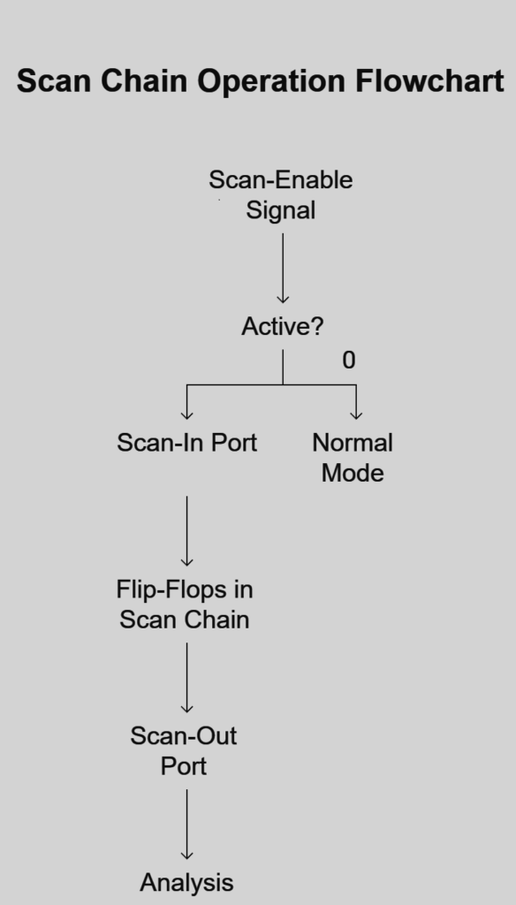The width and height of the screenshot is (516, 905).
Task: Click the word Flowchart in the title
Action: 429,80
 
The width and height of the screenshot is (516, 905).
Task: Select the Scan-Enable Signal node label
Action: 280,194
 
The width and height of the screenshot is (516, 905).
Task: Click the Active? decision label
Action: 282,327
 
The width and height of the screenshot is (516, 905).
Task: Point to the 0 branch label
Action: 349,361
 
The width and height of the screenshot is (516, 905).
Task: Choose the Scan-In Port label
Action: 187,443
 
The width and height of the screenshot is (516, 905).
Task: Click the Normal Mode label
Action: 353,458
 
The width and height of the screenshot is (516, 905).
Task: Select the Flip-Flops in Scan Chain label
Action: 185,605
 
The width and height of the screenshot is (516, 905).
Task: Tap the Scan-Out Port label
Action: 184,751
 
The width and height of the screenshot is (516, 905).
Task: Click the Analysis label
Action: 186,883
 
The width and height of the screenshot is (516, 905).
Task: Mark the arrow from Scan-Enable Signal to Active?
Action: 283,268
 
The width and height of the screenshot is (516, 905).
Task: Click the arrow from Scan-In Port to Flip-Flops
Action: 187,530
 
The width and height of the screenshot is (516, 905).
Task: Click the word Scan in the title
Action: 54,80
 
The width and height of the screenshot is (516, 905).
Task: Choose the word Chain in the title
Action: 144,80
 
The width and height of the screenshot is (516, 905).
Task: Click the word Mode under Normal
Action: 353,473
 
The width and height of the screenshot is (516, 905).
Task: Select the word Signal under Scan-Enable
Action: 280,210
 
